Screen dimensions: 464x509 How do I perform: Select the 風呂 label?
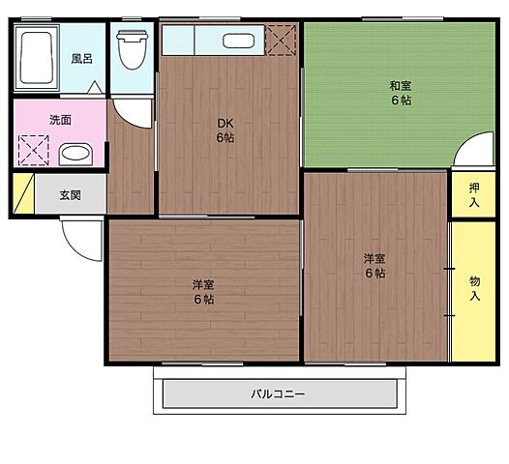click(x=81, y=58)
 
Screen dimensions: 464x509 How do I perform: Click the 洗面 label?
click(x=60, y=121)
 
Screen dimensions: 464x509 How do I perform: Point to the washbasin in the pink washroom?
click(x=75, y=153)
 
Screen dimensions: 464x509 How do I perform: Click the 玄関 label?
click(x=70, y=194)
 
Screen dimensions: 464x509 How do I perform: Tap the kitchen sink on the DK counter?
click(x=238, y=41)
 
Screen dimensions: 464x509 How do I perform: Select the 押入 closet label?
click(x=474, y=194)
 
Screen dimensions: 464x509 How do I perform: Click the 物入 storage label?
click(x=474, y=287)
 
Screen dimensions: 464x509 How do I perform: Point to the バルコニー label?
click(x=278, y=393)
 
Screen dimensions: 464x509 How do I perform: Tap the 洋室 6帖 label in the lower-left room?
click(x=202, y=291)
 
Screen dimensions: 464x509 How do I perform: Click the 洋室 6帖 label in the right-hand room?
click(x=374, y=265)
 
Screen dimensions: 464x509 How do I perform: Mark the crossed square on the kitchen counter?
click(x=283, y=41)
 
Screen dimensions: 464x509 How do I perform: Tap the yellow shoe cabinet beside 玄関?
click(x=23, y=193)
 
